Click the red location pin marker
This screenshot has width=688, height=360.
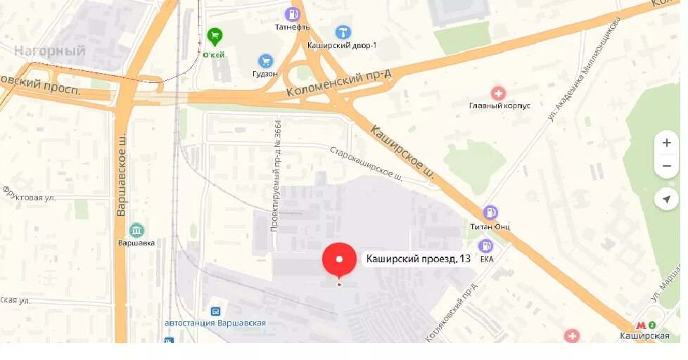click(339, 260)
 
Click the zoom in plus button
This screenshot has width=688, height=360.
click(666, 143)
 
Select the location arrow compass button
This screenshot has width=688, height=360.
click(666, 200)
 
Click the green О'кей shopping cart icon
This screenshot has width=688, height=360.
click(214, 35)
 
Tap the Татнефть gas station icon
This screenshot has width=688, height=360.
click(292, 14)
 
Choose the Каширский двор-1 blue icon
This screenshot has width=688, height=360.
click(343, 32)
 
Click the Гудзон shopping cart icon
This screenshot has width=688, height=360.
click(265, 61)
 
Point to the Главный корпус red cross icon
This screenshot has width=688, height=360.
click(498, 94)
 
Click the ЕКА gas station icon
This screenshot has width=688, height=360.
click(485, 245)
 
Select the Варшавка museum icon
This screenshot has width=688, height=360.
click(136, 230)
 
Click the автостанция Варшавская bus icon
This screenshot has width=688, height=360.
click(215, 311)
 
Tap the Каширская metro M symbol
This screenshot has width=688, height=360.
click(641, 325)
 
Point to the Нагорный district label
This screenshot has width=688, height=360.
click(49, 51)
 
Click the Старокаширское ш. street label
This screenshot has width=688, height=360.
click(366, 163)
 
